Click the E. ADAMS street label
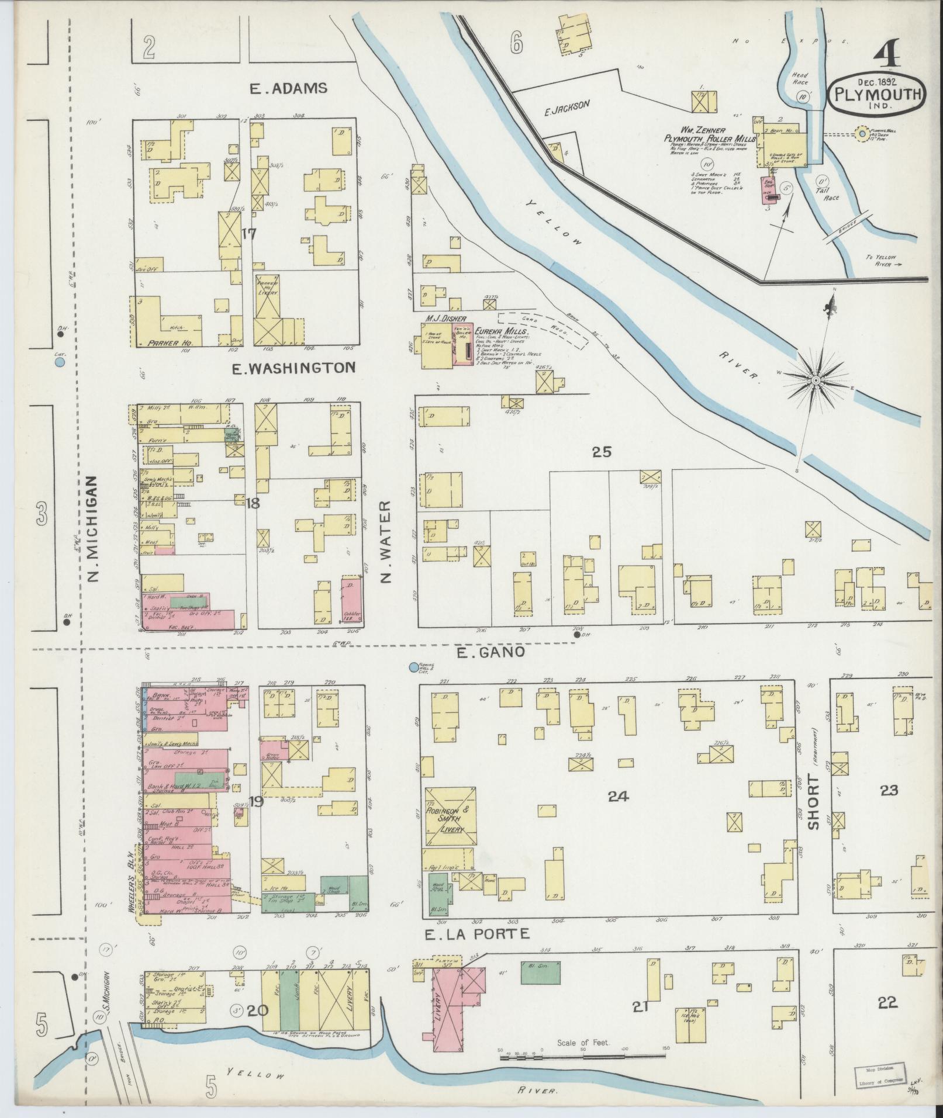click(288, 89)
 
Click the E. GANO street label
click(491, 652)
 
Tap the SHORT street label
click(813, 802)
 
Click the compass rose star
click(816, 380)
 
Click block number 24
click(618, 795)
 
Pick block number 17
click(250, 234)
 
